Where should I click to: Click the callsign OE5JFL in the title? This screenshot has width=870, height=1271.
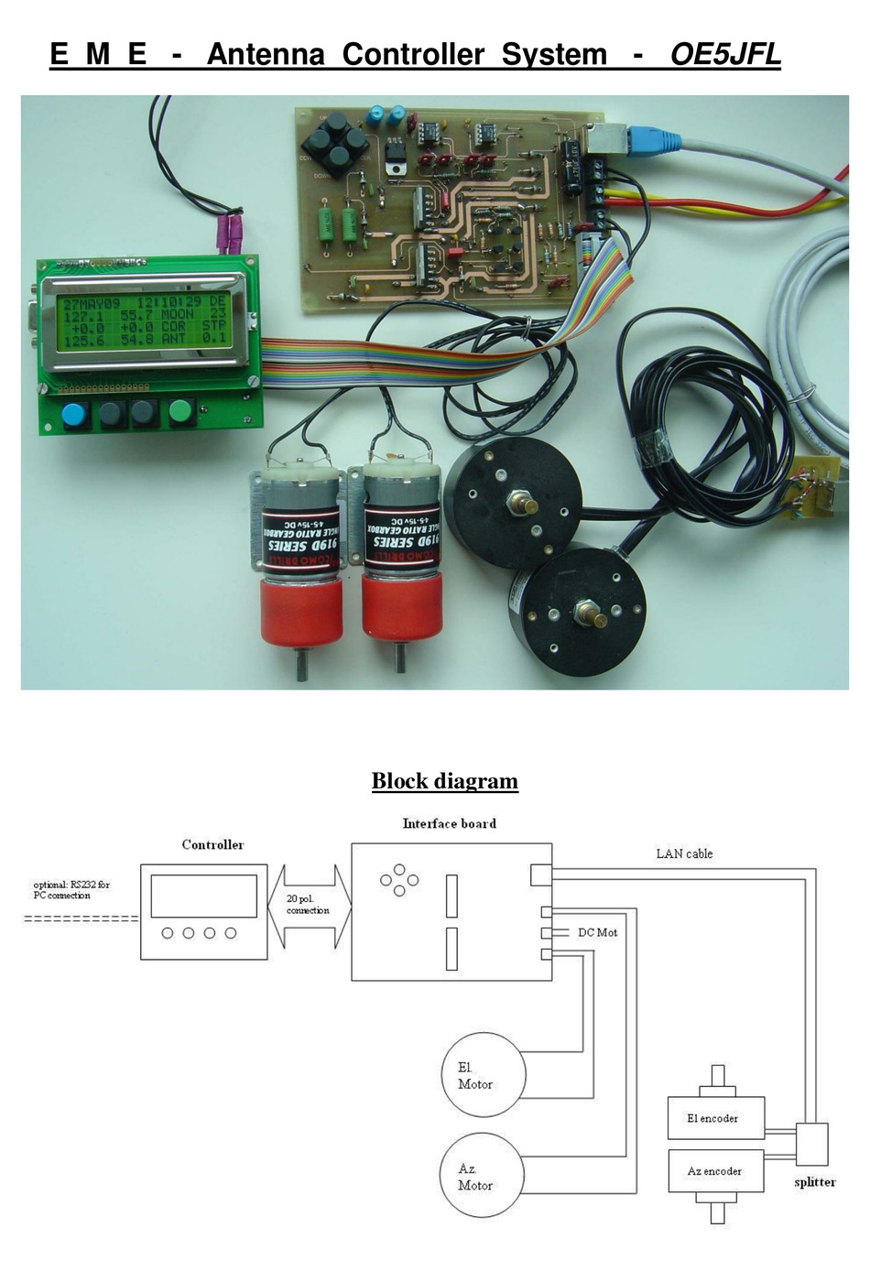pos(724,55)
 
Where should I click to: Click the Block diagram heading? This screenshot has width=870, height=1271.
pos(444,781)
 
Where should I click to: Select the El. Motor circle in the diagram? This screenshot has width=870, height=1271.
pos(484,1075)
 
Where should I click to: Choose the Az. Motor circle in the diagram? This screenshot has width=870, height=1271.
pos(483,1176)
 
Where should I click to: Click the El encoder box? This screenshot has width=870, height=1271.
pos(715,1118)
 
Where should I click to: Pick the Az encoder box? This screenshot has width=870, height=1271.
pos(715,1171)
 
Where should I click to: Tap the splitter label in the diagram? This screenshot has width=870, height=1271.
pos(814,1182)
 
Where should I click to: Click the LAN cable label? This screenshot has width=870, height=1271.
pos(684,853)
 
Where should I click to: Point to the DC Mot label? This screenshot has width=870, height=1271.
pos(597,932)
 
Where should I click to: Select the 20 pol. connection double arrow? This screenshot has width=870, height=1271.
pos(309,906)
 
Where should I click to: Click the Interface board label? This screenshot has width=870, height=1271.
pos(449,824)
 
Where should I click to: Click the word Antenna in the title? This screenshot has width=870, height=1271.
pos(265,55)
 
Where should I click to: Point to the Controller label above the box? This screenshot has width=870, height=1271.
pos(212,845)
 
